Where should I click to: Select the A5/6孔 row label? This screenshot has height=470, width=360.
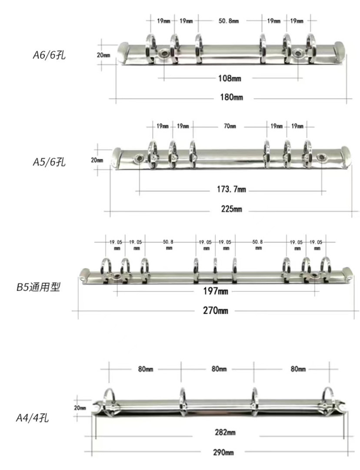(x=49, y=162)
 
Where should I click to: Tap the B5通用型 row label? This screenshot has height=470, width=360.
(x=38, y=287)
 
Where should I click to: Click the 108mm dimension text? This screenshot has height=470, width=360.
(x=229, y=79)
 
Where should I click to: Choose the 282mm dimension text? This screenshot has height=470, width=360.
(x=224, y=432)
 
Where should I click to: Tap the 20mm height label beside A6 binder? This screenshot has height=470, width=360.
(x=104, y=55)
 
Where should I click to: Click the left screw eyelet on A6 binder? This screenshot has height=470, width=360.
(x=165, y=53)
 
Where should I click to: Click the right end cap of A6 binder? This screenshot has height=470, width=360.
(x=341, y=51)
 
